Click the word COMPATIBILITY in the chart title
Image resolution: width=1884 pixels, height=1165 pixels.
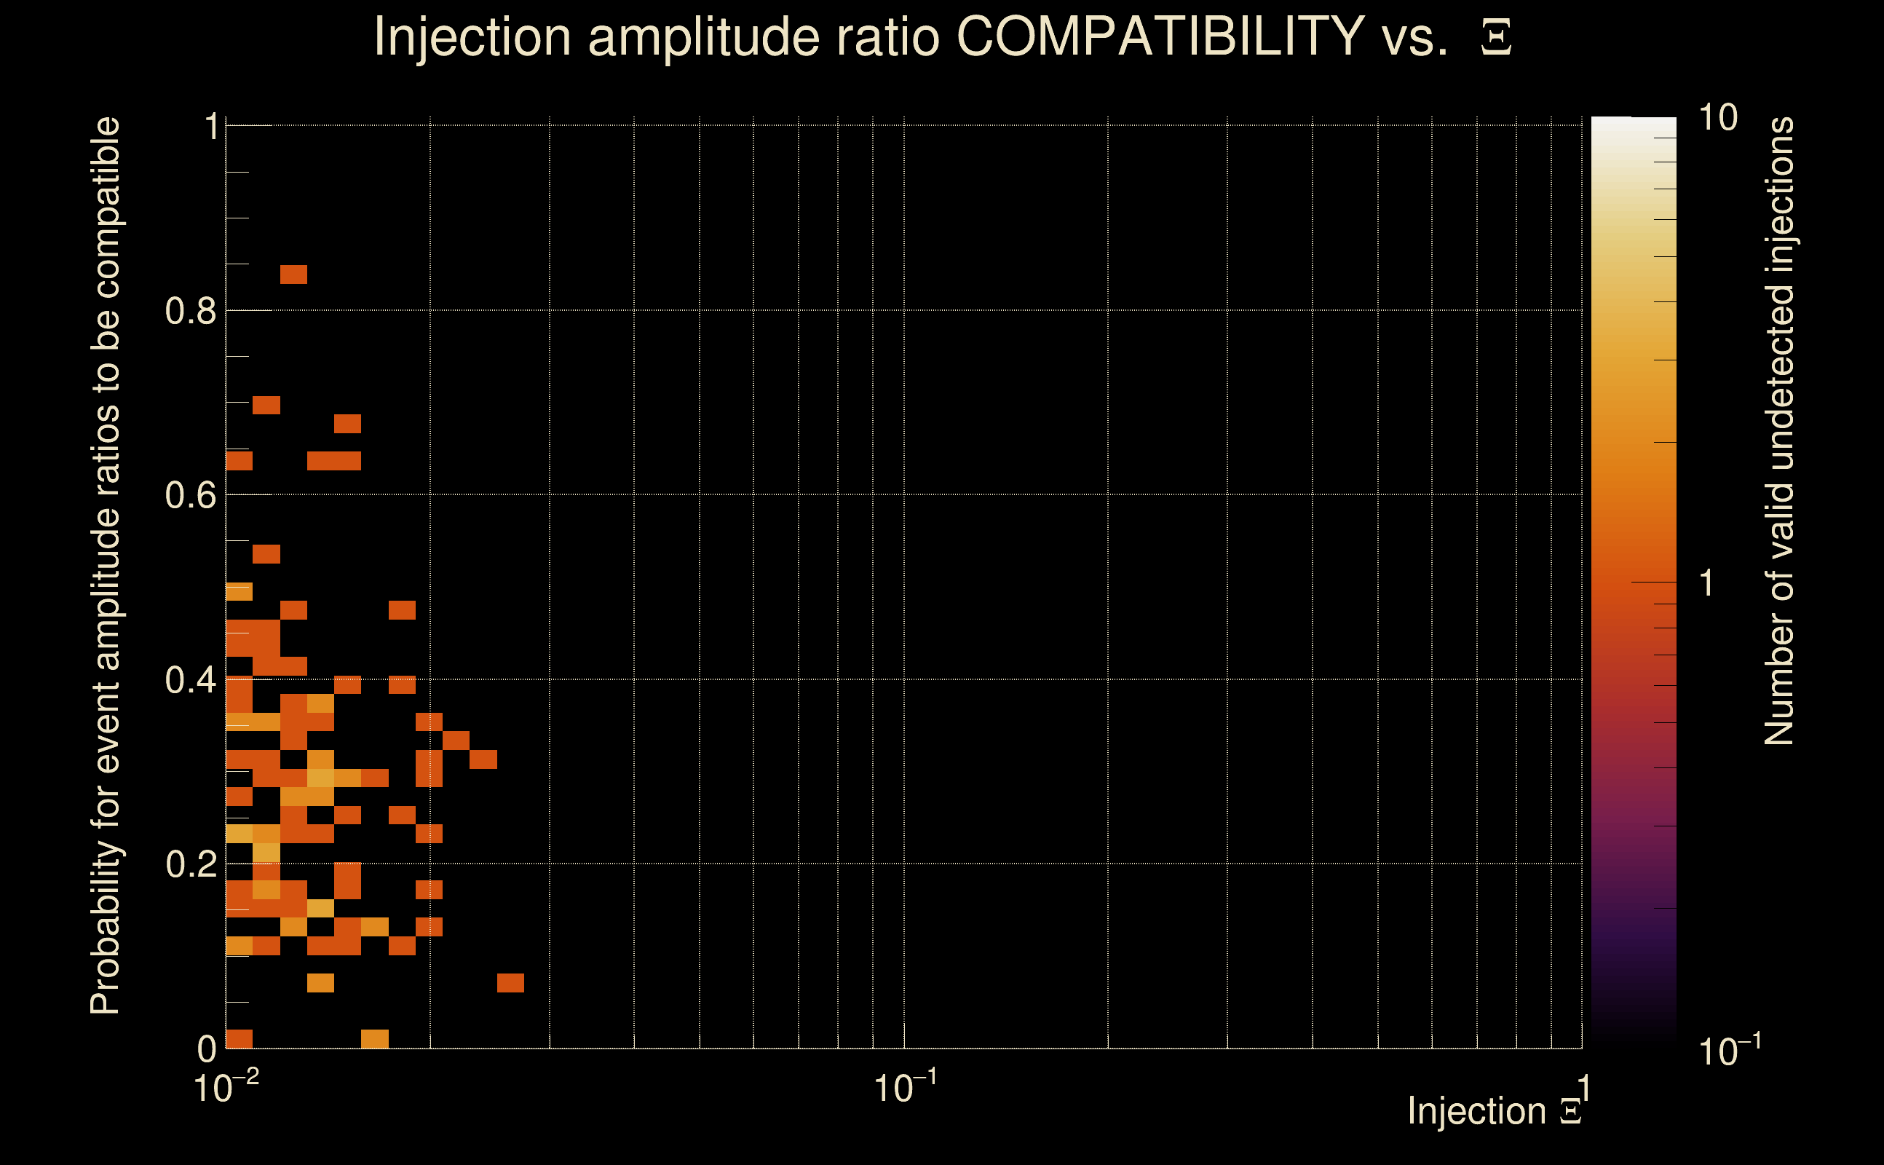tap(1160, 36)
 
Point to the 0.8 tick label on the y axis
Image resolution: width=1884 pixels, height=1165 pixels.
tap(190, 312)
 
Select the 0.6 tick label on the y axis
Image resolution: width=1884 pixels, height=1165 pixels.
tap(190, 495)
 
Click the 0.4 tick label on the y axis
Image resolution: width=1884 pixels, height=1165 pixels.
tap(190, 680)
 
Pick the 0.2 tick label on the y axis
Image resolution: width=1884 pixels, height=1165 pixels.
tap(190, 864)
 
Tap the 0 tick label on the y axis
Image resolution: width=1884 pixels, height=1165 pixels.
tap(207, 1049)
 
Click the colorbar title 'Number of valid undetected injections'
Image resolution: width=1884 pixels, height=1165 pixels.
tap(1779, 432)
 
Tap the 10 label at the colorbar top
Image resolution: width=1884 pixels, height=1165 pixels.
tap(1717, 119)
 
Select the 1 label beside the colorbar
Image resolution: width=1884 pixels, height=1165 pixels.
tap(1707, 583)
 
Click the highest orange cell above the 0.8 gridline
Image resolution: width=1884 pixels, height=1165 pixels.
tap(293, 275)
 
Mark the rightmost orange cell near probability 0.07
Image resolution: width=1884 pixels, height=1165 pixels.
tap(510, 983)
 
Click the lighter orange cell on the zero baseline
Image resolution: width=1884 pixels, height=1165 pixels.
tap(374, 1038)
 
